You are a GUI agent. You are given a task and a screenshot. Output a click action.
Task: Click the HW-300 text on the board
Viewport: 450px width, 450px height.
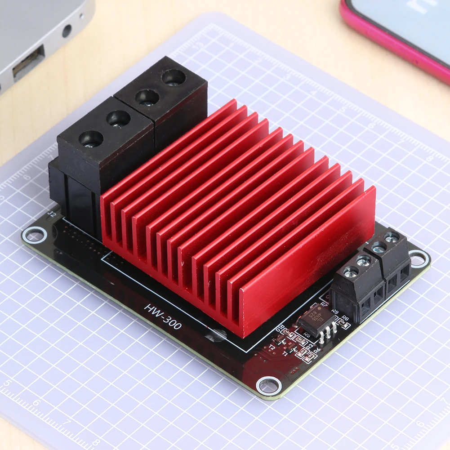point(163,316)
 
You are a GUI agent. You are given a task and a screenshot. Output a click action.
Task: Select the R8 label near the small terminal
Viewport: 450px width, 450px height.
point(345,318)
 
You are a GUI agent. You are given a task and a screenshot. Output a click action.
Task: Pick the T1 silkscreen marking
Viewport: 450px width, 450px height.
point(285,354)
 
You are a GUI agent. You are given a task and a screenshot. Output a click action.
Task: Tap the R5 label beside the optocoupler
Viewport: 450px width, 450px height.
point(307,334)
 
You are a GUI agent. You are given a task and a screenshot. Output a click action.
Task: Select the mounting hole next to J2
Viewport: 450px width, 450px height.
point(35,234)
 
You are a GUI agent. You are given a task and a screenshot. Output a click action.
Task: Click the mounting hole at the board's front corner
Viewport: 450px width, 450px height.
point(269,385)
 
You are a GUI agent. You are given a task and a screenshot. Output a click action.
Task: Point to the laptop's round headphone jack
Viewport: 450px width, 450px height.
point(67,31)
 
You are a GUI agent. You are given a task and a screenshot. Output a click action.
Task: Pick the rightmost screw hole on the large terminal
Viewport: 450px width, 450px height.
point(174,77)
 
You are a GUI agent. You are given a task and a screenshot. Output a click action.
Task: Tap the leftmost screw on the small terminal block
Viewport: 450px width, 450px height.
point(351,271)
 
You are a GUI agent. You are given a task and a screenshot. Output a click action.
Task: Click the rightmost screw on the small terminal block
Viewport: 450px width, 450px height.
point(392,237)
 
